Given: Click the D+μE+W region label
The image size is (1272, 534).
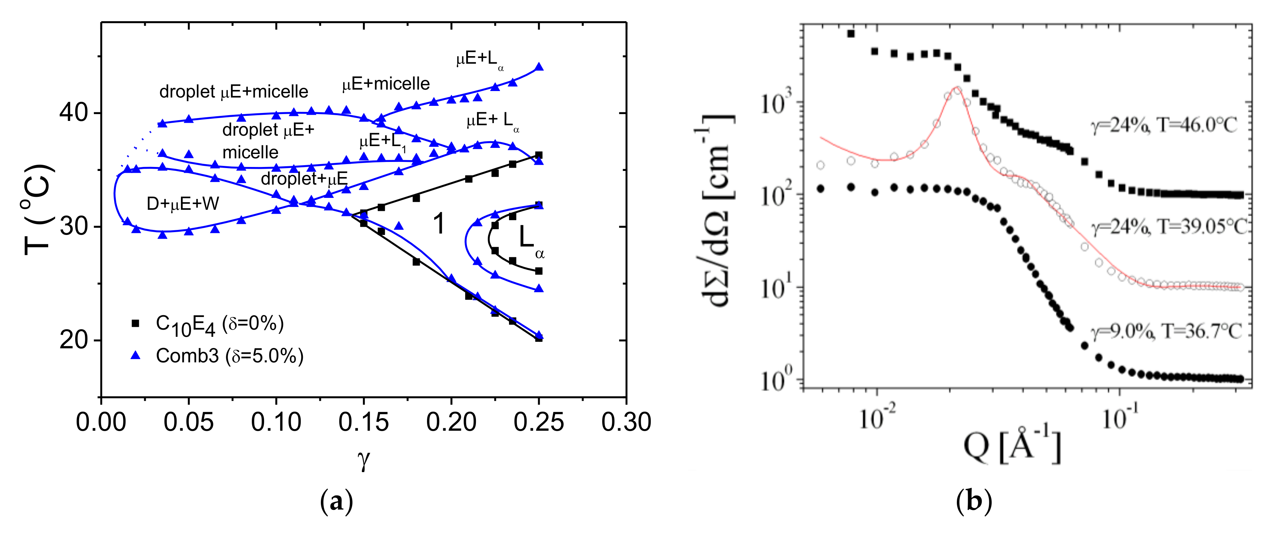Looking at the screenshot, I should coord(183,204).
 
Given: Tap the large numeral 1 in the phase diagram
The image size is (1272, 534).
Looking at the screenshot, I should coord(439,224).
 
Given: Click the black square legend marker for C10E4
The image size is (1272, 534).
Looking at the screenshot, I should coord(135,323).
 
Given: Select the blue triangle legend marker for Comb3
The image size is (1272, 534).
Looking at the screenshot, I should coord(135,355).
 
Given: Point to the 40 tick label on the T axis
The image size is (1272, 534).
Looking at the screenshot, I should coord(73,113).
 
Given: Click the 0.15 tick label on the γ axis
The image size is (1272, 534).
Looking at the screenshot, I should coord(363,422).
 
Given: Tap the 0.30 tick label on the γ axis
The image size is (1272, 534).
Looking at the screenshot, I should coord(626,422).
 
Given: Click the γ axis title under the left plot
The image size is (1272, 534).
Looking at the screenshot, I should coord(363,460).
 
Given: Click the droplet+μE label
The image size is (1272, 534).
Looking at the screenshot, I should coord(304,178).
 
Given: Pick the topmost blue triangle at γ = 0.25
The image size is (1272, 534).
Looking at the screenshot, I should coord(539,67).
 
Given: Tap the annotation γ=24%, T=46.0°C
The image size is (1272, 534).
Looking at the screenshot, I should coord(1163,126).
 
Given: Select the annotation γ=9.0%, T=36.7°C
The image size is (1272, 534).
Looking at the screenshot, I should coord(1166,331).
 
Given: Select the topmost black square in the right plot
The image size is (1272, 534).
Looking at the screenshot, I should coord(851,33).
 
